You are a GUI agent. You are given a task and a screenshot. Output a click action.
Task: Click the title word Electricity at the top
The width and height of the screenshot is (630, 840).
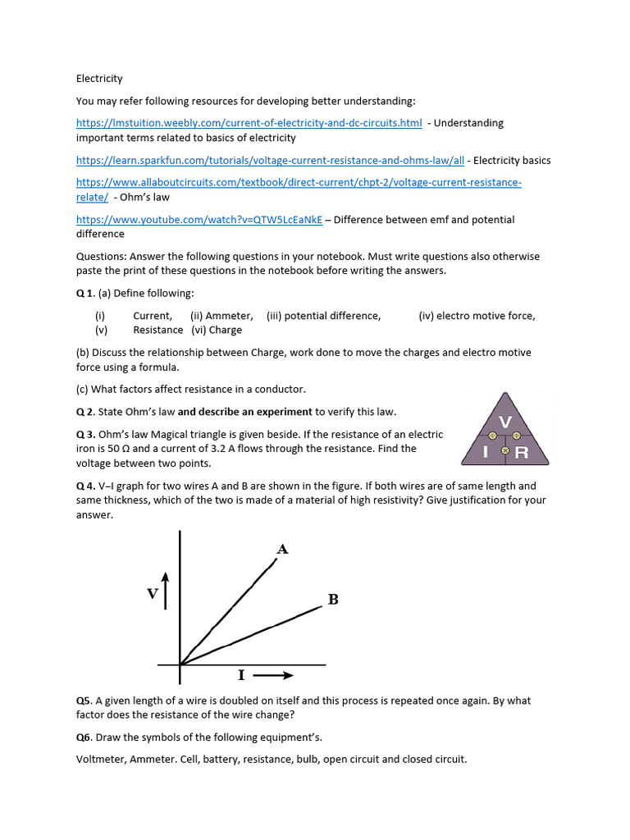click(x=99, y=79)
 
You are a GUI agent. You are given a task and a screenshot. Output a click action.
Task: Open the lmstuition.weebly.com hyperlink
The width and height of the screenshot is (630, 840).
click(x=249, y=123)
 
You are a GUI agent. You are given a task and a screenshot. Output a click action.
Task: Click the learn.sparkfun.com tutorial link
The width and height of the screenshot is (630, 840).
click(x=270, y=161)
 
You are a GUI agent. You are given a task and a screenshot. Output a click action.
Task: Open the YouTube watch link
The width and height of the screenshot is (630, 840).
click(x=199, y=220)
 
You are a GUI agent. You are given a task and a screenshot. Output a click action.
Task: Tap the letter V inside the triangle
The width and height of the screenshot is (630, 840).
click(x=505, y=421)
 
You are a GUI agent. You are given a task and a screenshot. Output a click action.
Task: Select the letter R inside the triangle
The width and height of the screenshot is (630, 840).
click(x=521, y=452)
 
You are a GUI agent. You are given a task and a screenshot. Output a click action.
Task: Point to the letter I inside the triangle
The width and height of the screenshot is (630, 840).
click(x=486, y=452)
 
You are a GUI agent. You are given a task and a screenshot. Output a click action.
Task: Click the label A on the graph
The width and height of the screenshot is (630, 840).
click(x=282, y=549)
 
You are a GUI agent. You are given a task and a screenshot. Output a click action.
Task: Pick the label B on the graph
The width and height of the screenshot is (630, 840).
click(x=333, y=600)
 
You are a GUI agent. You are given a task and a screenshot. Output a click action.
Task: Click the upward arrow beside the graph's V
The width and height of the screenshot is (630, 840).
click(x=167, y=591)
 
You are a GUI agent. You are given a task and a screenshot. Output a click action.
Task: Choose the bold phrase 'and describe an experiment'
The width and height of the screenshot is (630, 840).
click(x=244, y=412)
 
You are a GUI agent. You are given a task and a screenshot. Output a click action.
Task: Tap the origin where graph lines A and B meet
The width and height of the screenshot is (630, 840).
click(x=180, y=664)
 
